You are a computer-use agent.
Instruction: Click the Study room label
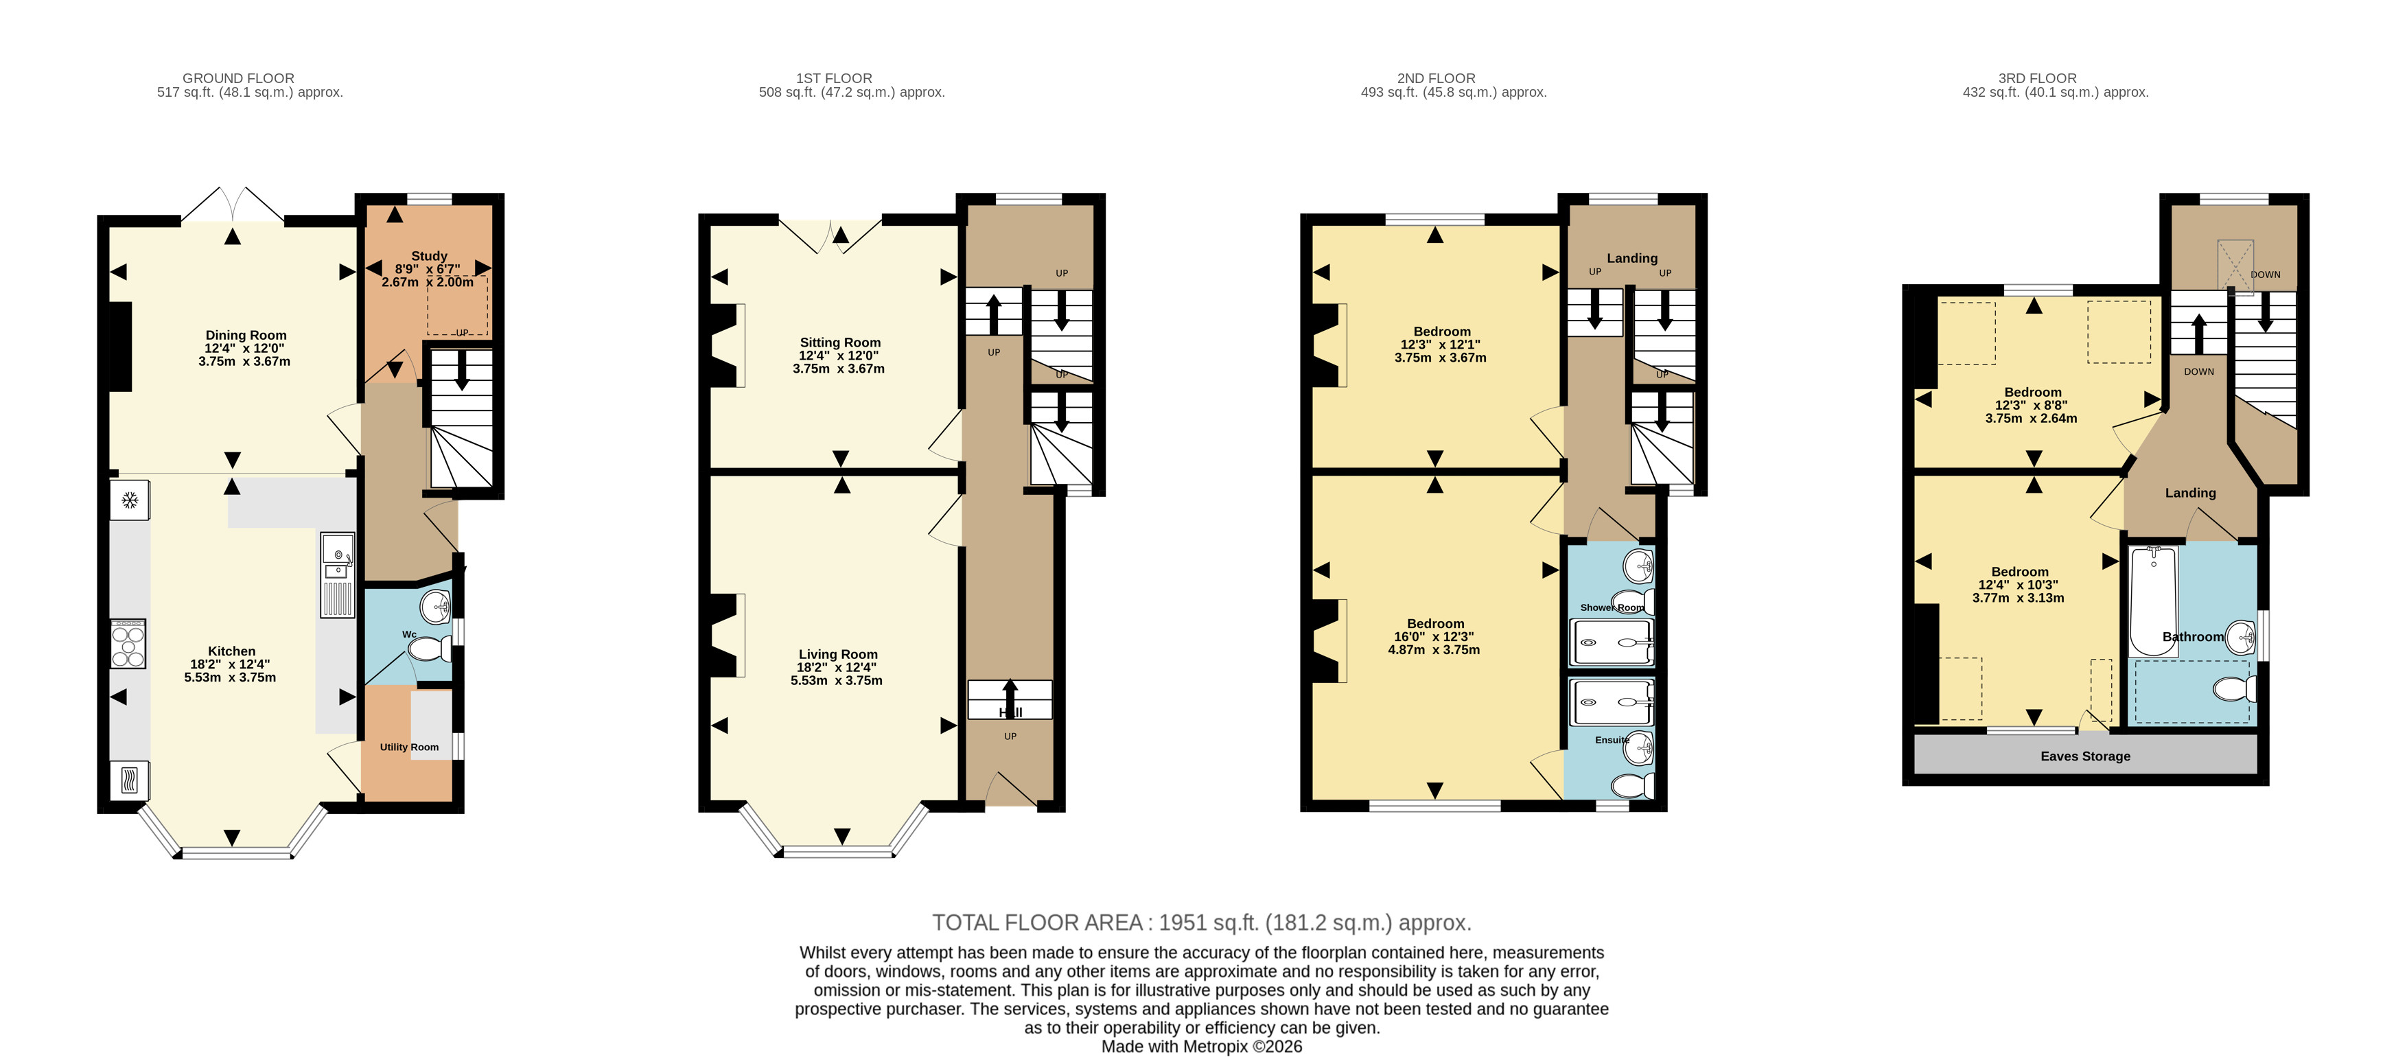(x=429, y=256)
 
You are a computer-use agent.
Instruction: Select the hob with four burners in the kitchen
(x=129, y=644)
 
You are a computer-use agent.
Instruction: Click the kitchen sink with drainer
(x=337, y=574)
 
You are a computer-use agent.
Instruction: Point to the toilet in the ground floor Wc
(x=430, y=649)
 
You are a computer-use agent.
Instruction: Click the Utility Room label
(x=409, y=747)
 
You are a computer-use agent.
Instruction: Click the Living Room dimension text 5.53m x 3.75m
(x=836, y=680)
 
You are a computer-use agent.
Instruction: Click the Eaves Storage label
(x=2086, y=756)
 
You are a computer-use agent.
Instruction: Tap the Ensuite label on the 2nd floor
(x=1612, y=740)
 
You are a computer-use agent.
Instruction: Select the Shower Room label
(x=1612, y=607)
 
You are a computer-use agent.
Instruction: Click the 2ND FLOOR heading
(x=1436, y=78)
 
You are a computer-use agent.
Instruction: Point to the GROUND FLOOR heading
(x=238, y=78)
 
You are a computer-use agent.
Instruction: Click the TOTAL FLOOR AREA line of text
(x=1202, y=922)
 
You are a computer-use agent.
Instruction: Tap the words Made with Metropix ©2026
(x=1202, y=1047)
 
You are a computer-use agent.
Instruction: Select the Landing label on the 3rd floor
(x=2190, y=493)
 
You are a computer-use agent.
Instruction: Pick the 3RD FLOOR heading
(x=2037, y=78)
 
